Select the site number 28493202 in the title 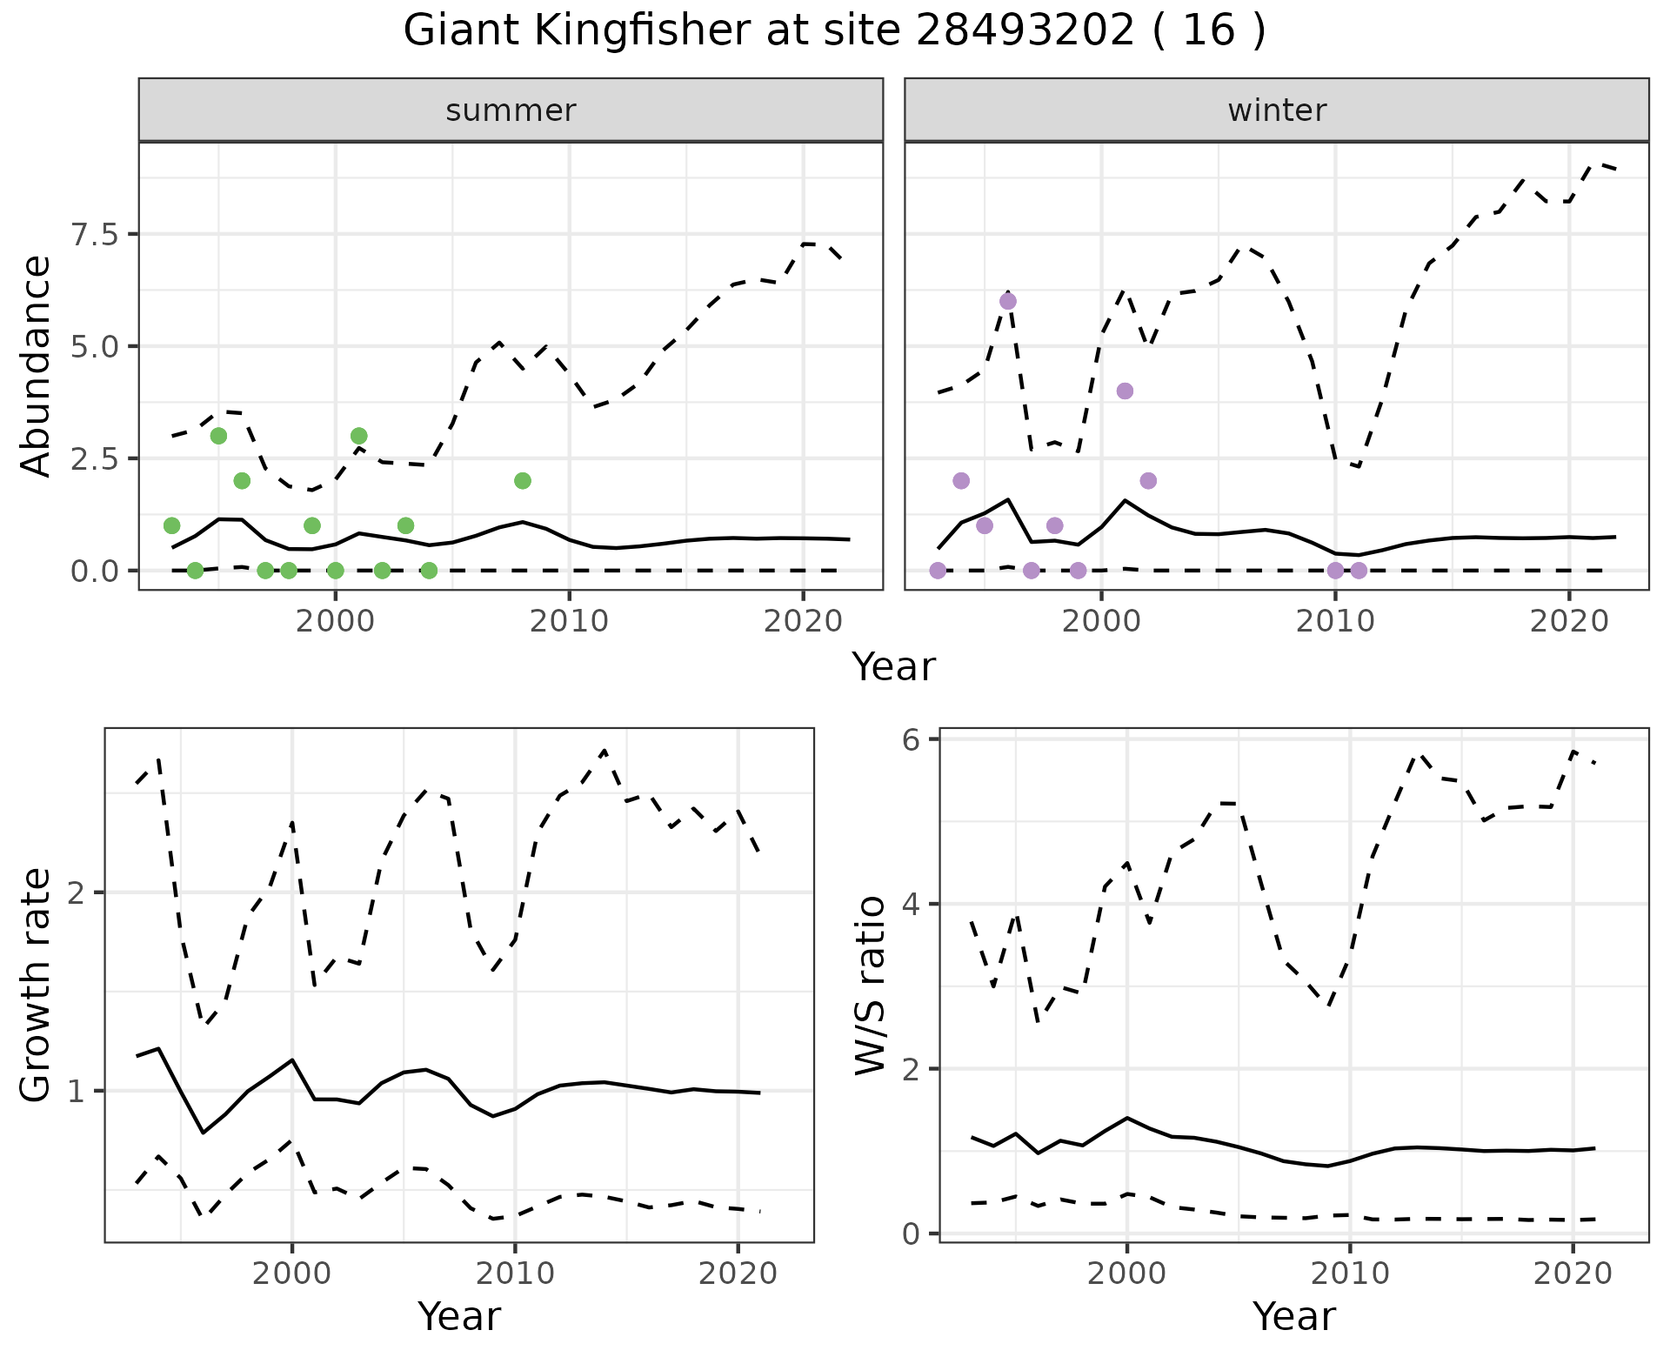1025,31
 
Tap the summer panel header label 511,110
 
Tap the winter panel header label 1277,110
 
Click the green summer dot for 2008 523,481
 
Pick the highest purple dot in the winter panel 1008,302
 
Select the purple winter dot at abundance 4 1125,391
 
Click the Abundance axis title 37,366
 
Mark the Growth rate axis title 37,986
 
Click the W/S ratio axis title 871,986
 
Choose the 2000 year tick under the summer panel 336,621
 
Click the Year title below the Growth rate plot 459,1317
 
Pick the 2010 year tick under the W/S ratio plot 1350,1273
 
